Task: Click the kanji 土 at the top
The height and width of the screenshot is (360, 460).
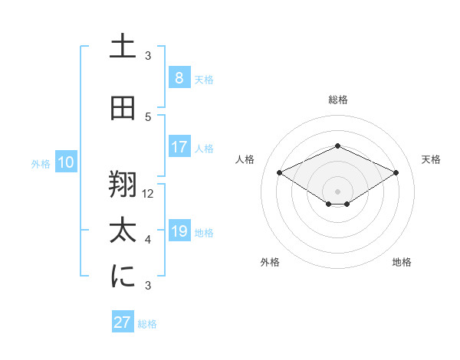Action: tap(123, 47)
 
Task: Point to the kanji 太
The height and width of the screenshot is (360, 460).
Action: tap(123, 231)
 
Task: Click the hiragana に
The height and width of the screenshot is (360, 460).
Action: tap(123, 277)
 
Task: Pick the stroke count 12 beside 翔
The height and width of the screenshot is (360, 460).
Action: tap(149, 194)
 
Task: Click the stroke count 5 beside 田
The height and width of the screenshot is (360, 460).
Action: tap(148, 117)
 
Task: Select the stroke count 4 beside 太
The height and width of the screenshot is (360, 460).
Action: tap(148, 240)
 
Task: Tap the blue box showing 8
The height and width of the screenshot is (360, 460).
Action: tap(179, 77)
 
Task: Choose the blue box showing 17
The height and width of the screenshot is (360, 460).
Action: tap(179, 146)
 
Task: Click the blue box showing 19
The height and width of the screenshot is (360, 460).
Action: tap(179, 231)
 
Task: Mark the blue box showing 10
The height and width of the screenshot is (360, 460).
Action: tap(65, 162)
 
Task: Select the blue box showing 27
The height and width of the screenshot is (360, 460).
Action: tap(122, 322)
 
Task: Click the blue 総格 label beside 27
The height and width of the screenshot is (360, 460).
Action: tap(147, 324)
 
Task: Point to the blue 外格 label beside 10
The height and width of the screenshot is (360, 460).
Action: tap(41, 163)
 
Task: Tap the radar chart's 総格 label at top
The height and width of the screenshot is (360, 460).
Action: tap(337, 100)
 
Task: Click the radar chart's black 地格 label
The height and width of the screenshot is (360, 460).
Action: tap(402, 263)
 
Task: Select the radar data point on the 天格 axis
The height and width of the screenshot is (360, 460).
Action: tap(396, 173)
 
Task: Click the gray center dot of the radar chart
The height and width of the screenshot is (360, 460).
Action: tap(337, 191)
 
